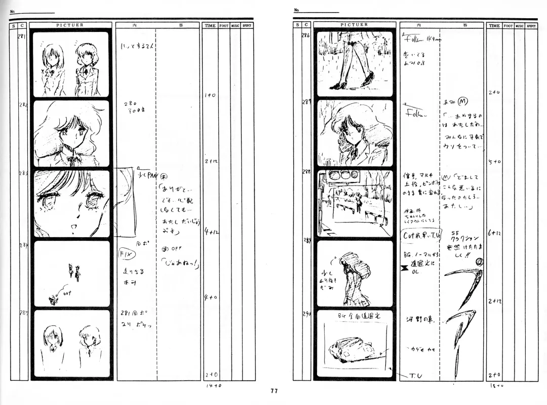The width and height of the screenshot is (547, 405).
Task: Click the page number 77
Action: click(274, 391)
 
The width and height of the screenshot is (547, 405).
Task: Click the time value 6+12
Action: click(494, 234)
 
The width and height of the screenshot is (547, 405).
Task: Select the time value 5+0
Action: click(494, 162)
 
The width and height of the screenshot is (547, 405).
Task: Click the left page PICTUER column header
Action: click(70, 25)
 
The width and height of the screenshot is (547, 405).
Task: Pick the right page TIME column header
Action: click(494, 25)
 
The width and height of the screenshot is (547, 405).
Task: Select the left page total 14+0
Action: click(213, 386)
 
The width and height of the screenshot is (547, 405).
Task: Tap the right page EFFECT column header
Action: click(531, 25)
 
